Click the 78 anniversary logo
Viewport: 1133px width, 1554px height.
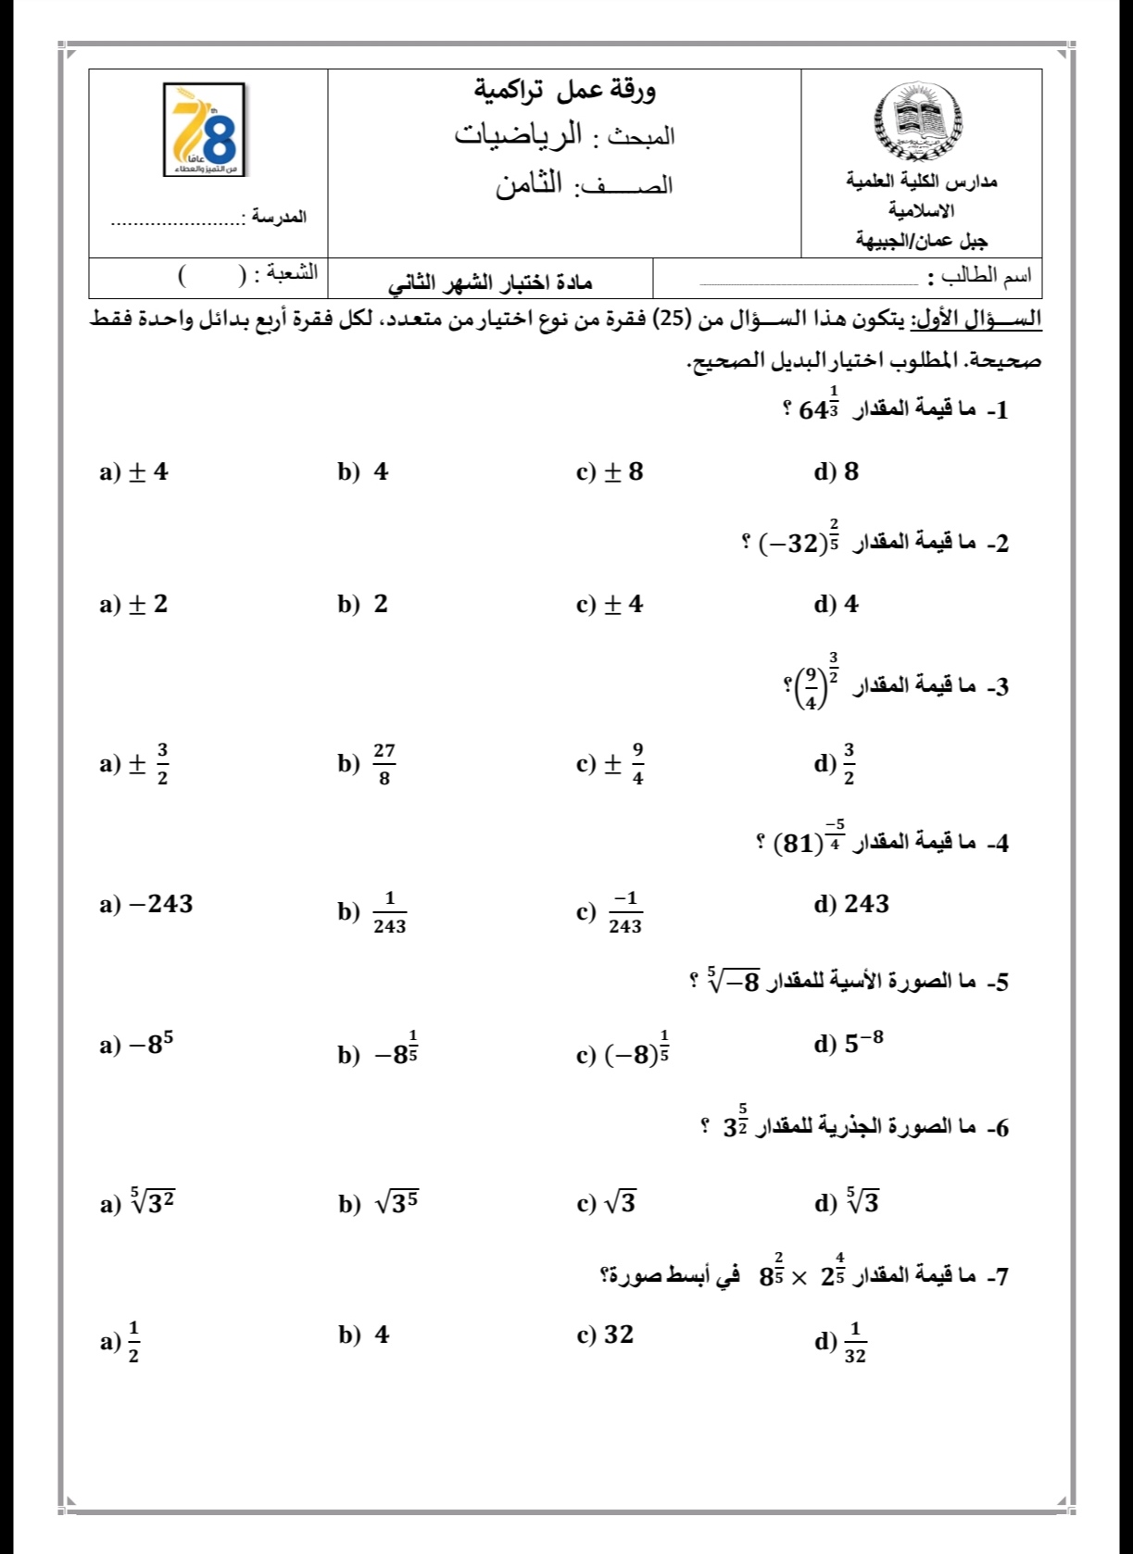(204, 129)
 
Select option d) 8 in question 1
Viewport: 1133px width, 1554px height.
(837, 472)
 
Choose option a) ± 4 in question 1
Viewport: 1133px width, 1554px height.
(134, 472)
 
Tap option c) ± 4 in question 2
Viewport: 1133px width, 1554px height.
(610, 605)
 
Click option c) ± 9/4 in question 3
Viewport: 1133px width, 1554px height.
(611, 764)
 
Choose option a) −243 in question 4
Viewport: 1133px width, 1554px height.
(146, 905)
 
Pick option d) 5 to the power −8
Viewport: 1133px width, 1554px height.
(849, 1044)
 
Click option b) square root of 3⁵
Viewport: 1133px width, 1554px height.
(379, 1203)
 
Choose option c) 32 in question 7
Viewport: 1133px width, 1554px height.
(606, 1335)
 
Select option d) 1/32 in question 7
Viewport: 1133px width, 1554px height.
(840, 1342)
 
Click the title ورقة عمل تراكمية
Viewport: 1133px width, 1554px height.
(565, 91)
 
